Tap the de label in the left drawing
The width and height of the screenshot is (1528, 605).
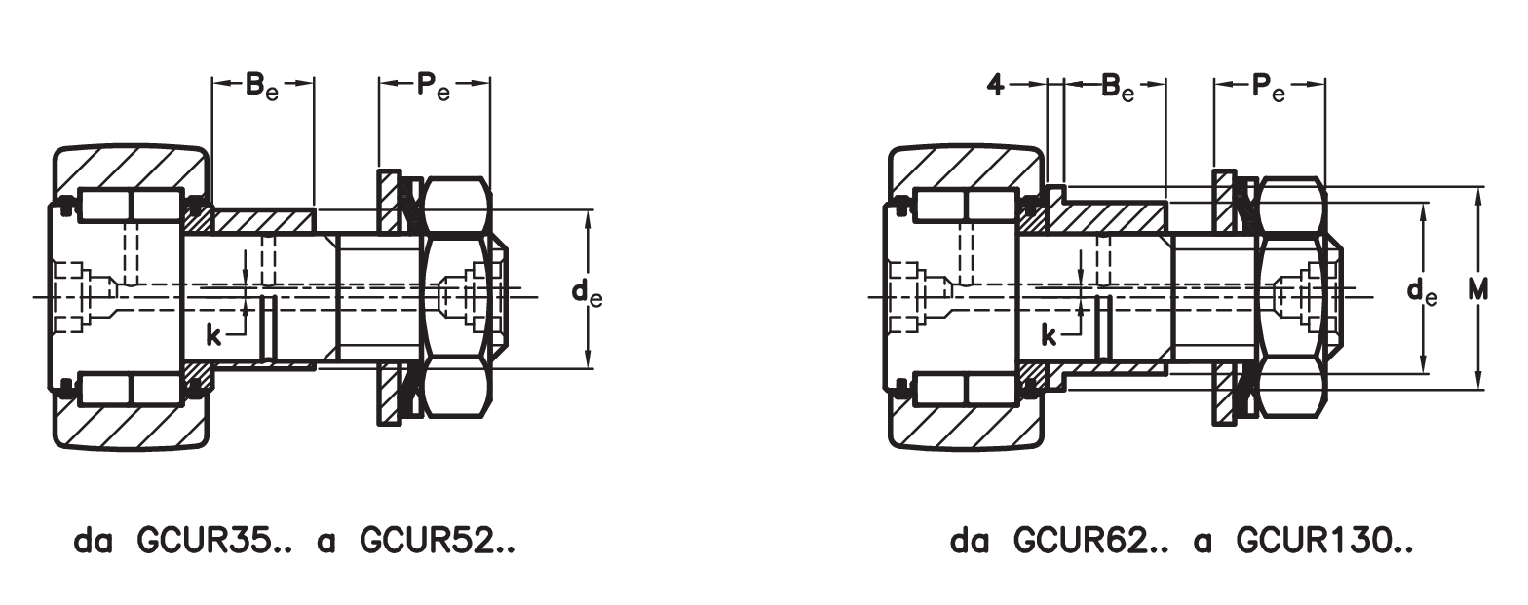coord(586,291)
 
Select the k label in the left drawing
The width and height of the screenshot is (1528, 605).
coord(214,337)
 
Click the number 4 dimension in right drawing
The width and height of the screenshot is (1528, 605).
coord(995,86)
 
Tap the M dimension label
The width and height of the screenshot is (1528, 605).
coord(1479,290)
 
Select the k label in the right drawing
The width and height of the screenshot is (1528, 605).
coord(1050,337)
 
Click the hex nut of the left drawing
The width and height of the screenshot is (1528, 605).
coord(456,292)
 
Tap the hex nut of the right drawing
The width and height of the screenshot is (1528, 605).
coord(1291,292)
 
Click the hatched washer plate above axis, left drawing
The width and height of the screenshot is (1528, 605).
coord(389,200)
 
